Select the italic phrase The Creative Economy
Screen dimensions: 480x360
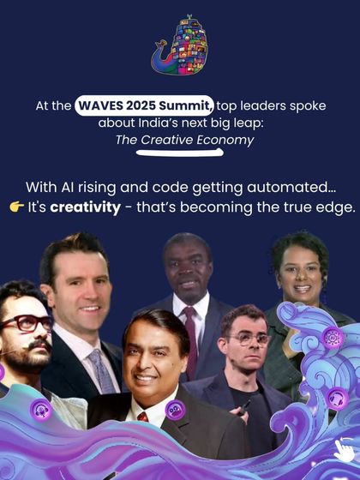pyautogui.click(x=185, y=139)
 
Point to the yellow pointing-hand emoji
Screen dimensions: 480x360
pyautogui.click(x=16, y=208)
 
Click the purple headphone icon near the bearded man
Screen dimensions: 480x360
pyautogui.click(x=41, y=410)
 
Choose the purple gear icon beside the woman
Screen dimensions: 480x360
pyautogui.click(x=333, y=338)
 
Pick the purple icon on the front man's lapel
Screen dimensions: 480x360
pyautogui.click(x=175, y=410)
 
